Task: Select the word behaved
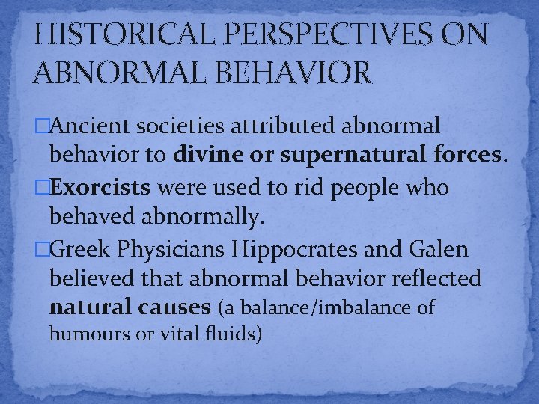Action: coord(86,217)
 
